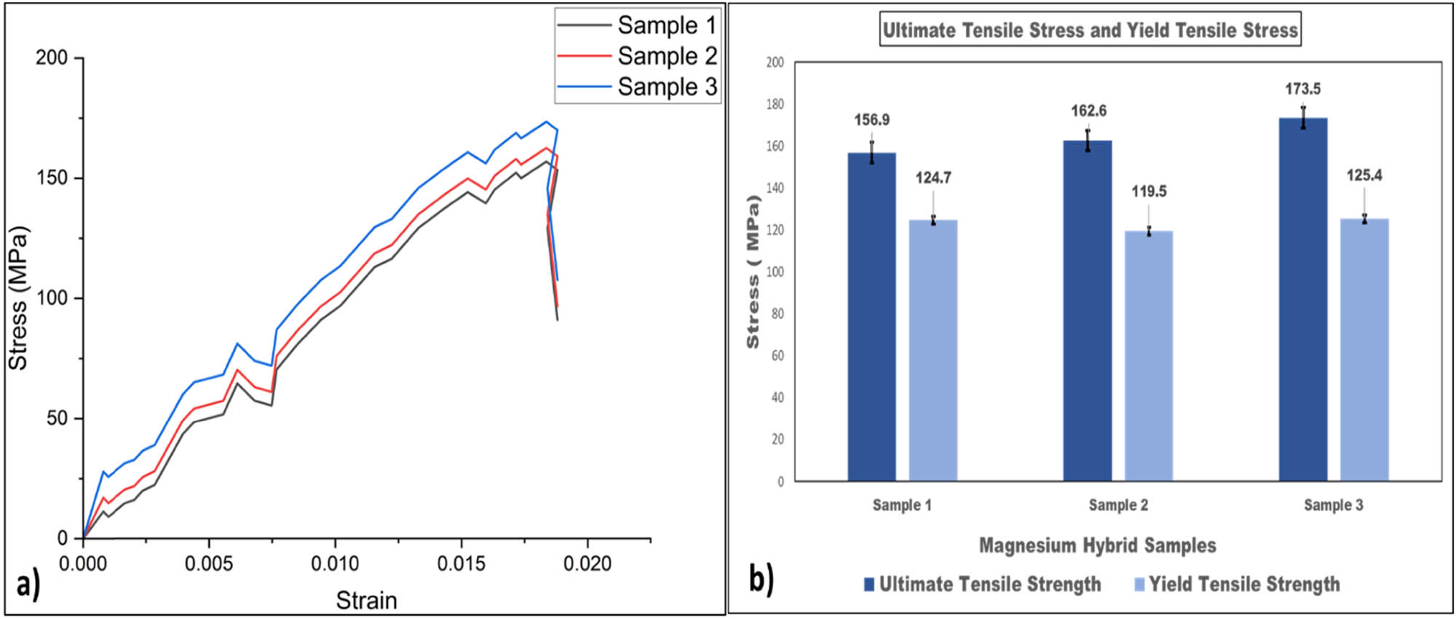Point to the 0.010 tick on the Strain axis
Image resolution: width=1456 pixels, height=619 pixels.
tap(335, 563)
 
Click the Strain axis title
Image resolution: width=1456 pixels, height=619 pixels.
tap(366, 600)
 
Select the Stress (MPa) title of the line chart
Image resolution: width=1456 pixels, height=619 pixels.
tap(18, 299)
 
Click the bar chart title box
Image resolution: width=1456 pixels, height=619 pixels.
tap(1090, 30)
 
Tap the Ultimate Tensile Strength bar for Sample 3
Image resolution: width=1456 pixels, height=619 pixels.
tap(1303, 299)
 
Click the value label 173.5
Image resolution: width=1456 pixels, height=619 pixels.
tap(1302, 89)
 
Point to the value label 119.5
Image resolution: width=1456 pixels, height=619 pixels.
tap(1149, 192)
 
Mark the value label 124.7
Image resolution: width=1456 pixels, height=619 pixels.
tap(933, 178)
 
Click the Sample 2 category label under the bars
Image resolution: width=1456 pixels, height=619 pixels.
tap(1118, 505)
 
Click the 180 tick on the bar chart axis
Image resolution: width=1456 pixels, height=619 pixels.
tap(775, 104)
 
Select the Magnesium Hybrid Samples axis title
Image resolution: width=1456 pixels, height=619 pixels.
tap(1097, 545)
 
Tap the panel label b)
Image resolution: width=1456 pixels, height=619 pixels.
tap(761, 580)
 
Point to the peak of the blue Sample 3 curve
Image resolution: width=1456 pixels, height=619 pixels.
tap(546, 122)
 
